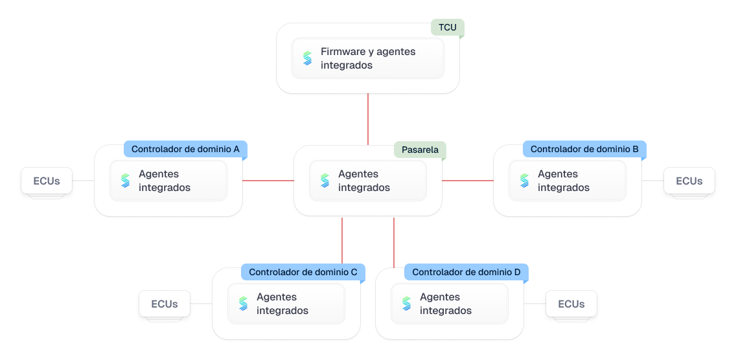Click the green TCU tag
[448, 28]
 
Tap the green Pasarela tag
[420, 150]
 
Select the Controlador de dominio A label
[185, 150]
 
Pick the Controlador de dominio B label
[584, 150]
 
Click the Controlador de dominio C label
[303, 273]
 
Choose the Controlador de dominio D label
[466, 273]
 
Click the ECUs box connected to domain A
[47, 181]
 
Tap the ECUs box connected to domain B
[689, 181]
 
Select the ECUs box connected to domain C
[165, 304]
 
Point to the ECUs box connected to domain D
[571, 304]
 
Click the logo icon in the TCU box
[307, 58]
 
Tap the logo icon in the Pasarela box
[325, 181]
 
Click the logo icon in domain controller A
[126, 181]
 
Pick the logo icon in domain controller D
[407, 304]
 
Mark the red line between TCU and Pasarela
[368, 119]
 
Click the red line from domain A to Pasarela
[268, 181]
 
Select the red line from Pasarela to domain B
[468, 181]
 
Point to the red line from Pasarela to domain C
[342, 241]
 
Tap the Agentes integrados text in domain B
[563, 181]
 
